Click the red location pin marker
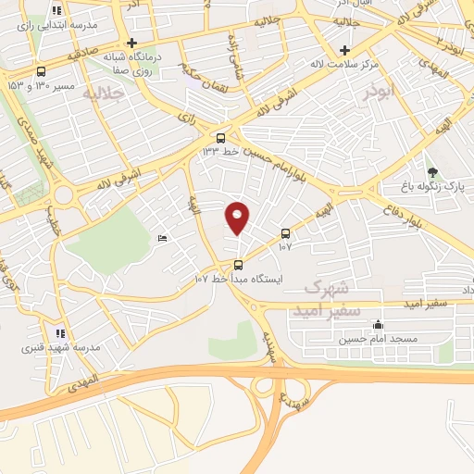click(x=237, y=218)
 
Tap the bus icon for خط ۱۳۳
click(x=219, y=139)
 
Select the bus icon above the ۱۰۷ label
click(x=284, y=233)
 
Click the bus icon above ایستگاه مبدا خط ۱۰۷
click(x=238, y=265)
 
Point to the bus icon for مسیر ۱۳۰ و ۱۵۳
click(x=41, y=72)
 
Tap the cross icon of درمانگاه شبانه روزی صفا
click(x=132, y=43)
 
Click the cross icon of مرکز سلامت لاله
click(x=344, y=50)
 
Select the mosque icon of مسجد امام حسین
click(x=378, y=325)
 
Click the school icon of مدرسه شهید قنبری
click(x=59, y=333)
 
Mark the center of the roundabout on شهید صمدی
click(x=64, y=194)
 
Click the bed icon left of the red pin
click(x=163, y=238)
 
